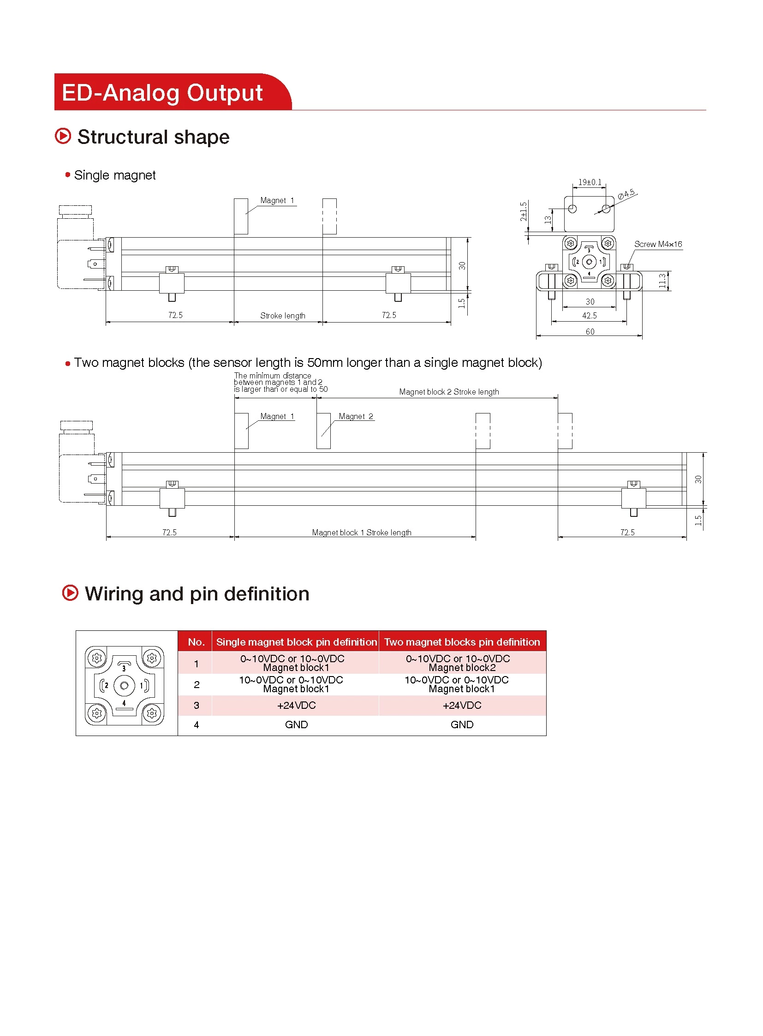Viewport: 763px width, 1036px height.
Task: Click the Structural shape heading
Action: (x=153, y=137)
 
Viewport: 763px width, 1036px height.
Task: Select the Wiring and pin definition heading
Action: (x=197, y=594)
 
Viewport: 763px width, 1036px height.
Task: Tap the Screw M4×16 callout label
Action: (x=658, y=245)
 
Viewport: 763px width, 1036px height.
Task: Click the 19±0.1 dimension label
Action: (x=590, y=183)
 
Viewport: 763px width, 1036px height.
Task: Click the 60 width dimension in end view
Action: (x=590, y=332)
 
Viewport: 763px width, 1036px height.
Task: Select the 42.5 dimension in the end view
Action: (x=590, y=316)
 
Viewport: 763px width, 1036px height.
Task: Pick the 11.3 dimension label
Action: (x=663, y=281)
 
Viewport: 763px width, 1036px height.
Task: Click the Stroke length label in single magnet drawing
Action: (x=283, y=316)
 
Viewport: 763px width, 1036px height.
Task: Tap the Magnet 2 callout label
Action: (x=356, y=416)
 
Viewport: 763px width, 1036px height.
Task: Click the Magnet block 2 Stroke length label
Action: (x=449, y=392)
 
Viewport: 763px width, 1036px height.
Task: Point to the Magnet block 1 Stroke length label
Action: (x=362, y=533)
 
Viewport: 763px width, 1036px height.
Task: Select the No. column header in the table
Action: (x=197, y=642)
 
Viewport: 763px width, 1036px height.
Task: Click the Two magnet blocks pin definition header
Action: (x=462, y=642)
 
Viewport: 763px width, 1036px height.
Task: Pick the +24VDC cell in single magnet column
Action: (x=296, y=706)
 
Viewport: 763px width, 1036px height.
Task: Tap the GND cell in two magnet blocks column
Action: (x=462, y=725)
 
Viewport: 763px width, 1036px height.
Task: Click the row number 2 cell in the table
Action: (x=197, y=685)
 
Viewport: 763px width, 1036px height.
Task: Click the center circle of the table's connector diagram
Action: (x=124, y=686)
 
